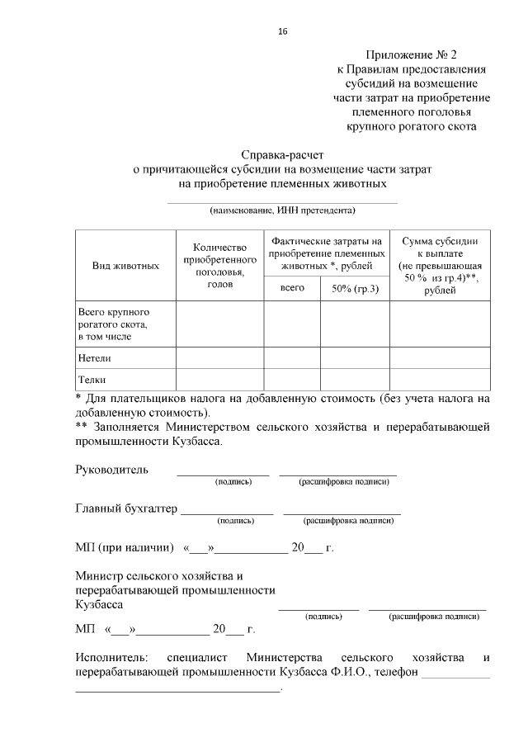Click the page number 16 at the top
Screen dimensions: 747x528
(283, 31)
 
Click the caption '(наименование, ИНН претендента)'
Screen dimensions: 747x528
(282, 210)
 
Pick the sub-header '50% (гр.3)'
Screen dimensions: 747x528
(355, 288)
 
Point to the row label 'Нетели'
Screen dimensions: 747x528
(95, 358)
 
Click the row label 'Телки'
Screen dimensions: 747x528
(92, 380)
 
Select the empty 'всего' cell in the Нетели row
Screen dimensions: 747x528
(292, 358)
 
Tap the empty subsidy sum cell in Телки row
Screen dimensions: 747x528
(440, 380)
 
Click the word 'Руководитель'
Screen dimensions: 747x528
(111, 470)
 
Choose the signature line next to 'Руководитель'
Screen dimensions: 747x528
(223, 474)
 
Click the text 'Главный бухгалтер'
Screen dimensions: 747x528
(126, 508)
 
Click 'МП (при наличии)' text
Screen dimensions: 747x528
(124, 547)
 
